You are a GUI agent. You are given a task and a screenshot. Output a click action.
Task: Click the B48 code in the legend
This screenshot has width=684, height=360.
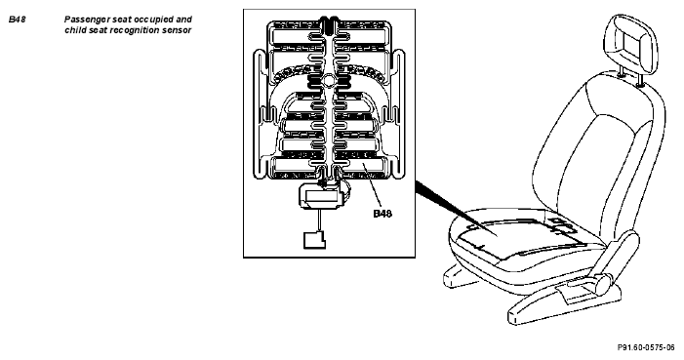[x=17, y=20]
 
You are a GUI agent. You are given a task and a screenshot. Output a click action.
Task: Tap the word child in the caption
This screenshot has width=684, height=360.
[x=74, y=30]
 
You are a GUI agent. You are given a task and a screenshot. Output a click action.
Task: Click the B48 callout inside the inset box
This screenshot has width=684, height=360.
[x=382, y=214]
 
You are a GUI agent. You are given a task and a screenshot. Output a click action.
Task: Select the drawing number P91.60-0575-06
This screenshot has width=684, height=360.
[x=646, y=347]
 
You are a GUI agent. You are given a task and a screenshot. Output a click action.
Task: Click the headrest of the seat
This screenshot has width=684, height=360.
[x=634, y=43]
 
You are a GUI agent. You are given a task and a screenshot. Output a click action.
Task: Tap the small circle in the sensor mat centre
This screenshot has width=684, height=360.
[x=328, y=79]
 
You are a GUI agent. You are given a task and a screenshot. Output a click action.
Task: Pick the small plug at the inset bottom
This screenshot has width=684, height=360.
[x=314, y=240]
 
